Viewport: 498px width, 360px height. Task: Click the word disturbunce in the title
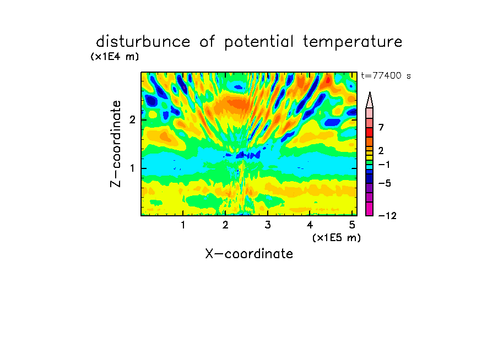click(143, 42)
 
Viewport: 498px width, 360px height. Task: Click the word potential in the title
click(258, 42)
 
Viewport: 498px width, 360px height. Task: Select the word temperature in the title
click(353, 42)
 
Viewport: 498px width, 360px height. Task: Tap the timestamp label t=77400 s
click(386, 75)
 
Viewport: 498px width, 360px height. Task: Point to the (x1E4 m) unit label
click(115, 57)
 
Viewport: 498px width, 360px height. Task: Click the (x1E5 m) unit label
click(337, 237)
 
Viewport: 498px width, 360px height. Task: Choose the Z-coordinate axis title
click(116, 144)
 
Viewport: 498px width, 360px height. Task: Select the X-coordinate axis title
click(249, 254)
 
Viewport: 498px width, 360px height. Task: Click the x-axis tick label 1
click(183, 225)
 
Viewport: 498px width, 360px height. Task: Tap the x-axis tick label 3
click(268, 225)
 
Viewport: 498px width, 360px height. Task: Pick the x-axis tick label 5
click(352, 225)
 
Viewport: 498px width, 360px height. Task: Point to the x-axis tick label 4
click(310, 225)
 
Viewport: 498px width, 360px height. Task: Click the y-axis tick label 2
click(132, 119)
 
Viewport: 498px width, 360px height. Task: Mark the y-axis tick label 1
click(132, 168)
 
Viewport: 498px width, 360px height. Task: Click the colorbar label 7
click(381, 127)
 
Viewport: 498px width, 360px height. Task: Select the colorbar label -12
click(387, 216)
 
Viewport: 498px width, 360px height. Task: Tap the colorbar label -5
click(385, 183)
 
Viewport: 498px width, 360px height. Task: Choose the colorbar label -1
click(384, 165)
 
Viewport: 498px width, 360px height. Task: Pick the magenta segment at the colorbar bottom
click(370, 209)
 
